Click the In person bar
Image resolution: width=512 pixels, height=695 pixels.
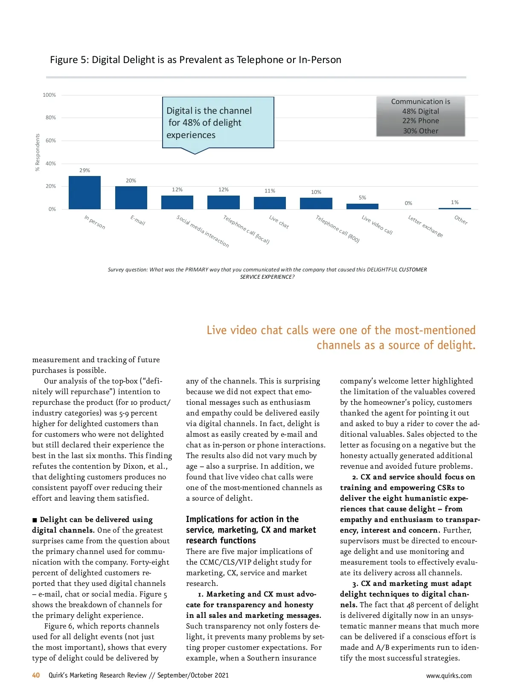84,193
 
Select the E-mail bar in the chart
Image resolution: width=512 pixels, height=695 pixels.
131,198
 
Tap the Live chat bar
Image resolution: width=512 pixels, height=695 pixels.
270,203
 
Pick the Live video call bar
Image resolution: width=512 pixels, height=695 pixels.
362,206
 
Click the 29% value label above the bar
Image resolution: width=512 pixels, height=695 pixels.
84,170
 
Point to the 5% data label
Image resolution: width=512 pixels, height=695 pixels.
362,198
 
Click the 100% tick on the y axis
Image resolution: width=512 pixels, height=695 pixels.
49,95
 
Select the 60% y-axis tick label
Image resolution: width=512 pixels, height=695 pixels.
50,141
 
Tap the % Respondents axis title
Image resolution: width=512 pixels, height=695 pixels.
38,153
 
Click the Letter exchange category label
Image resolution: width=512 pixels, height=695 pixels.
425,226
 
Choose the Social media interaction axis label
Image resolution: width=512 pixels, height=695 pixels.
203,231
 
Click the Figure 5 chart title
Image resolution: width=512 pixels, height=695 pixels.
195,60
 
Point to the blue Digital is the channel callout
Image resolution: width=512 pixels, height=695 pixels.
218,123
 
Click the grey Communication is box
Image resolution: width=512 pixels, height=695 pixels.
420,116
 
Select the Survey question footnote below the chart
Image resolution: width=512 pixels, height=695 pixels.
267,273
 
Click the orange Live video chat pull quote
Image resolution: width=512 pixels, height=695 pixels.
341,337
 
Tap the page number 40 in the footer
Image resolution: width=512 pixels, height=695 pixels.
36,675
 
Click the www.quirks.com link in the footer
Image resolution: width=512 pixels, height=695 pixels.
449,676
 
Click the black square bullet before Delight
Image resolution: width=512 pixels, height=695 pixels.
35,520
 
